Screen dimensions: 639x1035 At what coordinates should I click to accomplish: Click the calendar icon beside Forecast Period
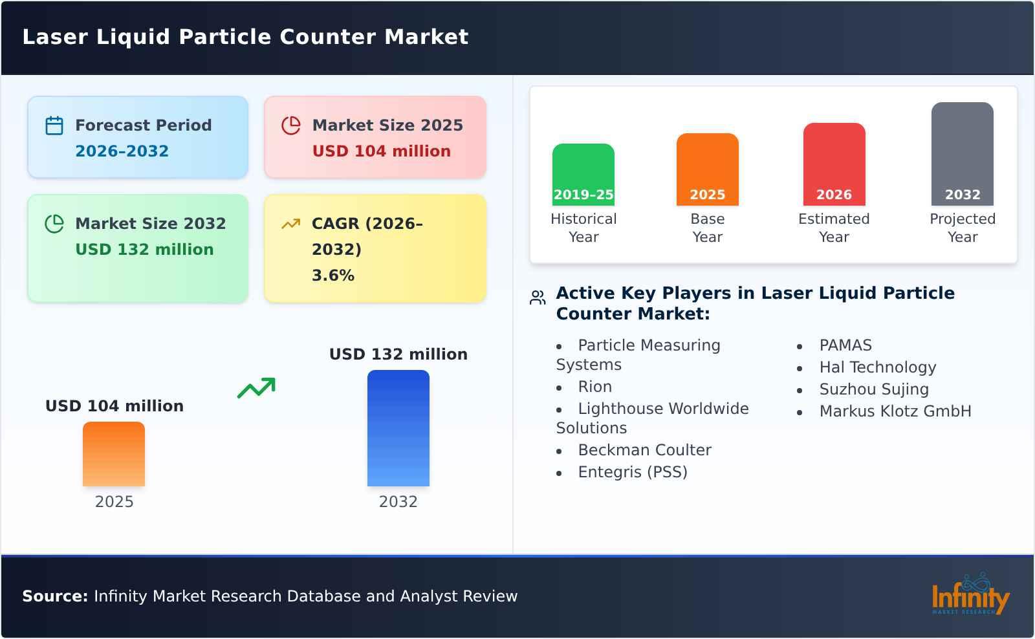pos(54,125)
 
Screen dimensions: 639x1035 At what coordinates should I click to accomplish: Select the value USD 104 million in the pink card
pos(381,151)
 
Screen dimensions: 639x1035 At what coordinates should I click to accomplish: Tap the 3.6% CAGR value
pos(332,276)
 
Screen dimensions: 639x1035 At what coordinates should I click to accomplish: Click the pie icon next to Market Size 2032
pos(54,224)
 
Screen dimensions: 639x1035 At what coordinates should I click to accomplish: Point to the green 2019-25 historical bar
pos(583,175)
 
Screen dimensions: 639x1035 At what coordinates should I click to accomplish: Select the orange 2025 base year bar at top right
pos(707,169)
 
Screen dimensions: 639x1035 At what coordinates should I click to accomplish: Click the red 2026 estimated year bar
pos(834,164)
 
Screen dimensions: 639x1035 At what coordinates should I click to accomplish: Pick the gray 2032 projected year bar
pos(962,154)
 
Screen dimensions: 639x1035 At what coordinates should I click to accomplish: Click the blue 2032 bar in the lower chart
pos(398,428)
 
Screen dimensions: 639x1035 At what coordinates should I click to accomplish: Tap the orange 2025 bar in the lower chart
pos(114,454)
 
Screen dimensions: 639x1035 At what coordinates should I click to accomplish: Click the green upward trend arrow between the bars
pos(256,388)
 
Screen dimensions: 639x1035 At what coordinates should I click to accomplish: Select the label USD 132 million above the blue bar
pos(398,354)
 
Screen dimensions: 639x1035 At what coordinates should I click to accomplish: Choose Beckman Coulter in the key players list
pos(644,450)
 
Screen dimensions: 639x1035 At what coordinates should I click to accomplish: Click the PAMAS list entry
pos(845,345)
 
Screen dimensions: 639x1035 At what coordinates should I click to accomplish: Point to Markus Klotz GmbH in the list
pos(895,411)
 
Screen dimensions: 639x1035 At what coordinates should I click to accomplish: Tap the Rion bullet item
pos(594,387)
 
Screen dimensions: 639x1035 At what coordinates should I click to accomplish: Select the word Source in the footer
pos(54,596)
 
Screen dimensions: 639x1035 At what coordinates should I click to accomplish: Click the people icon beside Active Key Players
pos(538,298)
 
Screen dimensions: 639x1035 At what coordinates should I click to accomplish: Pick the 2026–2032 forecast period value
pos(122,151)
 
